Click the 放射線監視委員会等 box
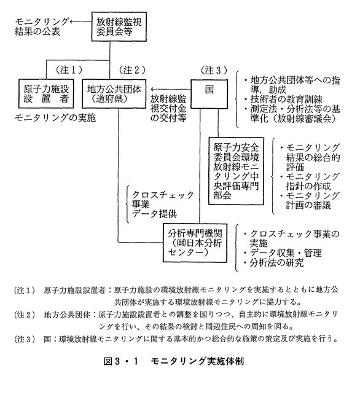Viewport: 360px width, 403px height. click(x=119, y=26)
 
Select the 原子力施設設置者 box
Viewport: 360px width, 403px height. click(x=46, y=93)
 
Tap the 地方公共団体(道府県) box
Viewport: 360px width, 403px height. click(x=114, y=93)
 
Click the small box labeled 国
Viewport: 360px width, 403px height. click(x=209, y=94)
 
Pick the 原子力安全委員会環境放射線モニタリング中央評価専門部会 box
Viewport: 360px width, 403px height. click(x=236, y=171)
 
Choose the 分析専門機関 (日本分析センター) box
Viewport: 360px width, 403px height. click(x=195, y=243)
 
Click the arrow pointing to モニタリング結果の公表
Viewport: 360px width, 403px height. click(x=80, y=22)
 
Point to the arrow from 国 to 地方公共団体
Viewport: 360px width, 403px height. click(x=171, y=90)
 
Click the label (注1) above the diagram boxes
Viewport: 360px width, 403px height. click(x=69, y=70)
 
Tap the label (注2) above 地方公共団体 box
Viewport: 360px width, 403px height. click(x=132, y=70)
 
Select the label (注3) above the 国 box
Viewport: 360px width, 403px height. click(x=214, y=70)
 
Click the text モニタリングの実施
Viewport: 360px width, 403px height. click(x=55, y=118)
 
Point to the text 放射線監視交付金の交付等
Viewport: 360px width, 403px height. click(x=168, y=109)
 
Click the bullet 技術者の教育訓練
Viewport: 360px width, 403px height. click(x=283, y=100)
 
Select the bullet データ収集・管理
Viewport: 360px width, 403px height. click(x=283, y=253)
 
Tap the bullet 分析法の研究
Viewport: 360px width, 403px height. click(x=273, y=263)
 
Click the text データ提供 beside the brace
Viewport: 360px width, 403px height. click(x=154, y=214)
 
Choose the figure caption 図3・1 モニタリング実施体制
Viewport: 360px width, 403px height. click(x=174, y=361)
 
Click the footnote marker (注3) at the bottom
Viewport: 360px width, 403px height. click(x=25, y=339)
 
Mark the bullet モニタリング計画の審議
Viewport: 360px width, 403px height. click(x=310, y=201)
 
